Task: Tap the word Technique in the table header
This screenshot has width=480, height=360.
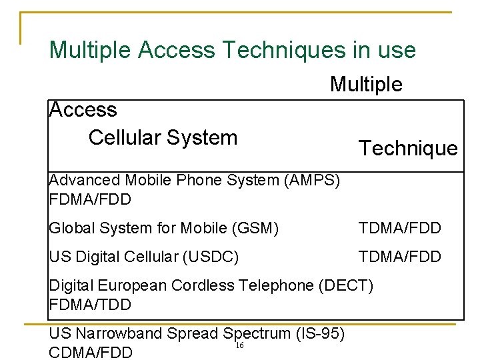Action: click(408, 148)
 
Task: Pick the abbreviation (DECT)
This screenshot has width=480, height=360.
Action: click(347, 285)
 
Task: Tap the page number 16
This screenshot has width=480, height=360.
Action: click(239, 345)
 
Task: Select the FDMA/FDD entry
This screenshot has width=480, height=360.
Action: click(90, 199)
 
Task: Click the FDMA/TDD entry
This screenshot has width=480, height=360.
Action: click(90, 305)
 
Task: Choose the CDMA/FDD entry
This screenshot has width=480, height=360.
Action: click(91, 352)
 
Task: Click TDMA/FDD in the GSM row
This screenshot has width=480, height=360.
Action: click(400, 228)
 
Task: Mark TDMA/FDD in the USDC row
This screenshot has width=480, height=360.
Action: click(400, 257)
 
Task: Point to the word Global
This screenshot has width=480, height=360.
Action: click(71, 228)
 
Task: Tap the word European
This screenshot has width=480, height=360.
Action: click(133, 285)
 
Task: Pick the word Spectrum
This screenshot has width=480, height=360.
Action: click(260, 333)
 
